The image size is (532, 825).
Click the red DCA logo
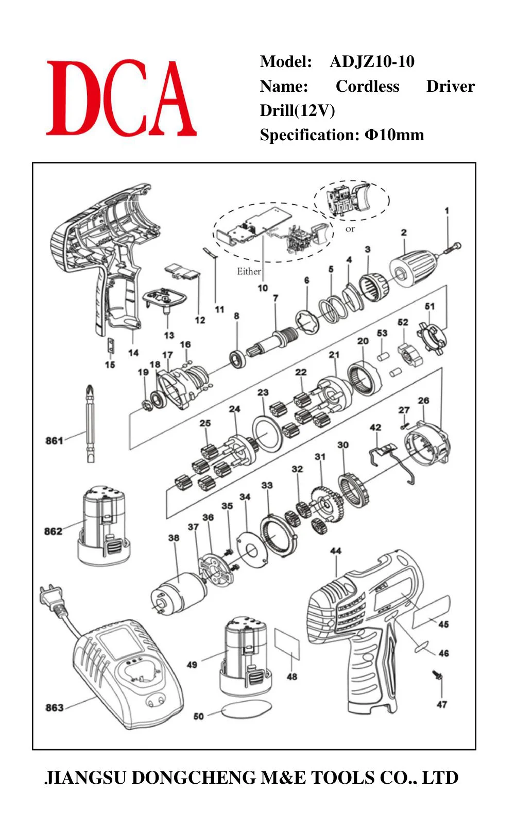[121, 98]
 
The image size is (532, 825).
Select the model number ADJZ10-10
[372, 61]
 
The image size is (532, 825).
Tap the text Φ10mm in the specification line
[394, 135]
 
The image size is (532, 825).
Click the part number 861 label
[54, 440]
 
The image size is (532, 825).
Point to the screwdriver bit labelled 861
[90, 423]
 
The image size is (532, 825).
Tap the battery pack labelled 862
[104, 526]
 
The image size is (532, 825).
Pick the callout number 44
[336, 551]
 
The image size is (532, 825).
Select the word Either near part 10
[249, 271]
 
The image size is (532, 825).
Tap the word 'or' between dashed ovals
[350, 229]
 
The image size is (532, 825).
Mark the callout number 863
[54, 707]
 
